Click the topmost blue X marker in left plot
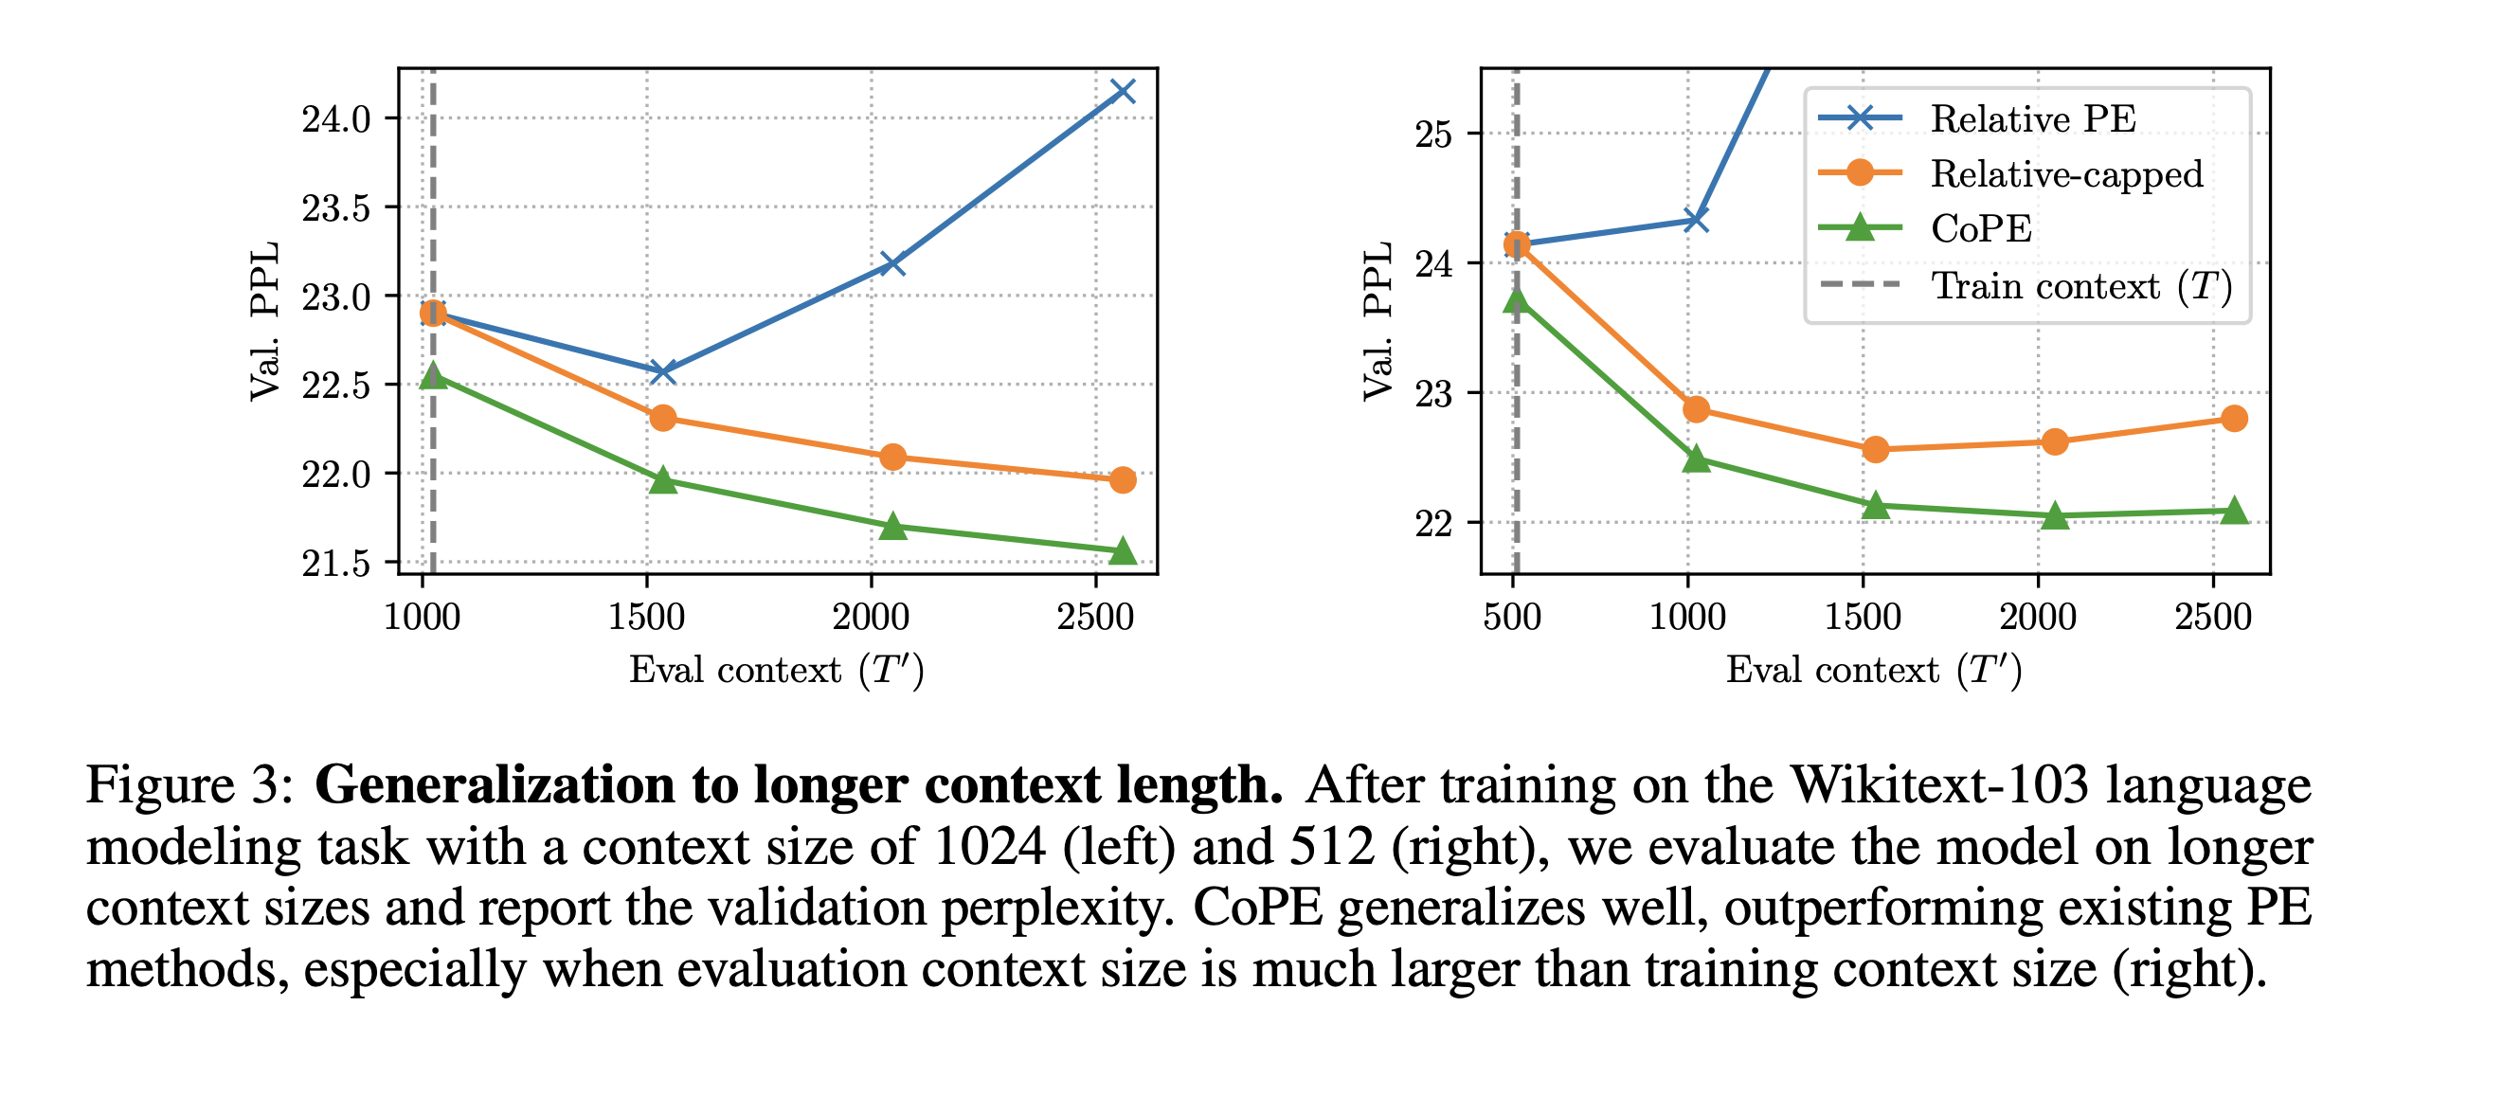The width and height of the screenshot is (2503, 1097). pyautogui.click(x=1123, y=91)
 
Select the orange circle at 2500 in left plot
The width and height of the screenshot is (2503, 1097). pyautogui.click(x=1123, y=480)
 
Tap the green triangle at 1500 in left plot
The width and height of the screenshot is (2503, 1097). pyautogui.click(x=662, y=480)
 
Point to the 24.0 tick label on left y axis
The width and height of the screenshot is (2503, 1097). pyautogui.click(x=336, y=119)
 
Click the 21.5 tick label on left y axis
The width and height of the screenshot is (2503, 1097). pyautogui.click(x=336, y=564)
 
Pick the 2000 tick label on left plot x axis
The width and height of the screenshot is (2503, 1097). pyautogui.click(x=871, y=617)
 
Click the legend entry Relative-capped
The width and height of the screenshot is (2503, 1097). pyautogui.click(x=2065, y=174)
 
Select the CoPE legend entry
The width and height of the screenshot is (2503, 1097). pyautogui.click(x=1980, y=229)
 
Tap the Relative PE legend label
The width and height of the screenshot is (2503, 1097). pyautogui.click(x=2033, y=118)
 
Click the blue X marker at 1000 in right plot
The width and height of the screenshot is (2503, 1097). pyautogui.click(x=1696, y=220)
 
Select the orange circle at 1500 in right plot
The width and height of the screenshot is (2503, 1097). pyautogui.click(x=1875, y=450)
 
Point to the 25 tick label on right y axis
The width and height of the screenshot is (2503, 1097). pyautogui.click(x=1433, y=135)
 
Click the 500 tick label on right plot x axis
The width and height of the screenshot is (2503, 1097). pyautogui.click(x=1512, y=617)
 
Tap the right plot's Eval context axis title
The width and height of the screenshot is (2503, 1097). pyautogui.click(x=1873, y=671)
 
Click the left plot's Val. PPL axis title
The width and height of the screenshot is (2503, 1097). pyautogui.click(x=264, y=320)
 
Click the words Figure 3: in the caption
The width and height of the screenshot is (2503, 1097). pyautogui.click(x=189, y=784)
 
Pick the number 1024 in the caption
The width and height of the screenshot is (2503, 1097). pyautogui.click(x=988, y=846)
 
